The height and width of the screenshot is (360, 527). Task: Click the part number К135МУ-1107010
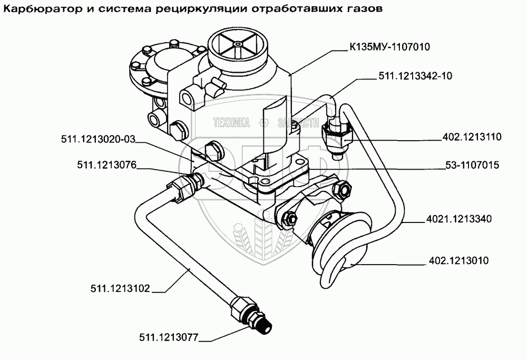[389, 47]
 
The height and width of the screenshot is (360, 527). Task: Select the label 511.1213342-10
[416, 76]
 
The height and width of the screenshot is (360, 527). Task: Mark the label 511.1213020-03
[99, 140]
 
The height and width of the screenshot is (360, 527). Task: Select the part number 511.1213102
[120, 288]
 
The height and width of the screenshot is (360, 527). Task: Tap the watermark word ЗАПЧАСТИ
[297, 123]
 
